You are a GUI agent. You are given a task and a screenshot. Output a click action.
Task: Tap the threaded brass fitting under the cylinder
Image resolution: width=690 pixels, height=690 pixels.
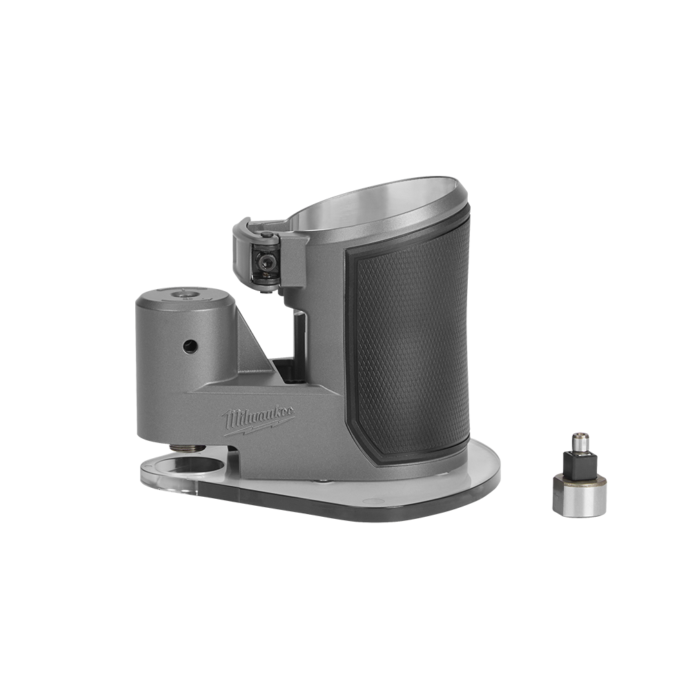coord(186,448)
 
